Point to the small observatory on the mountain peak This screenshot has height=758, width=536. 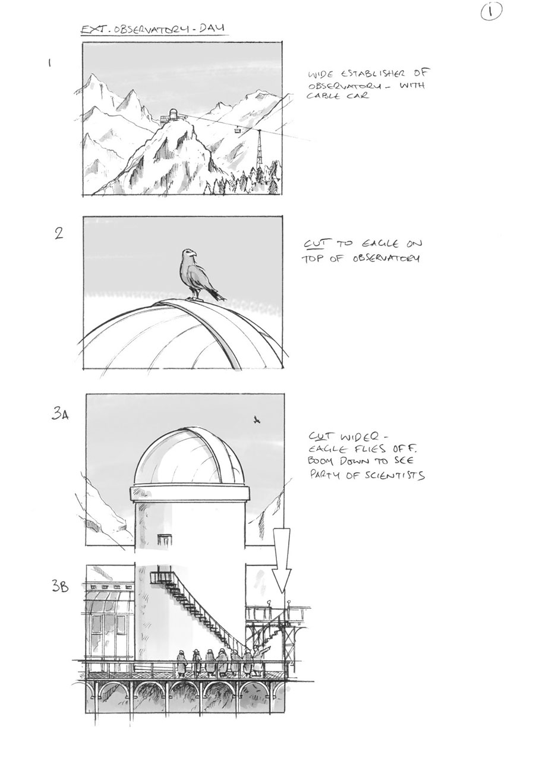[x=172, y=115]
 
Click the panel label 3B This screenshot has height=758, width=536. [x=60, y=588]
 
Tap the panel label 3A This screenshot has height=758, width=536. [x=59, y=414]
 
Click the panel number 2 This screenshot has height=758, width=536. [x=58, y=233]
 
